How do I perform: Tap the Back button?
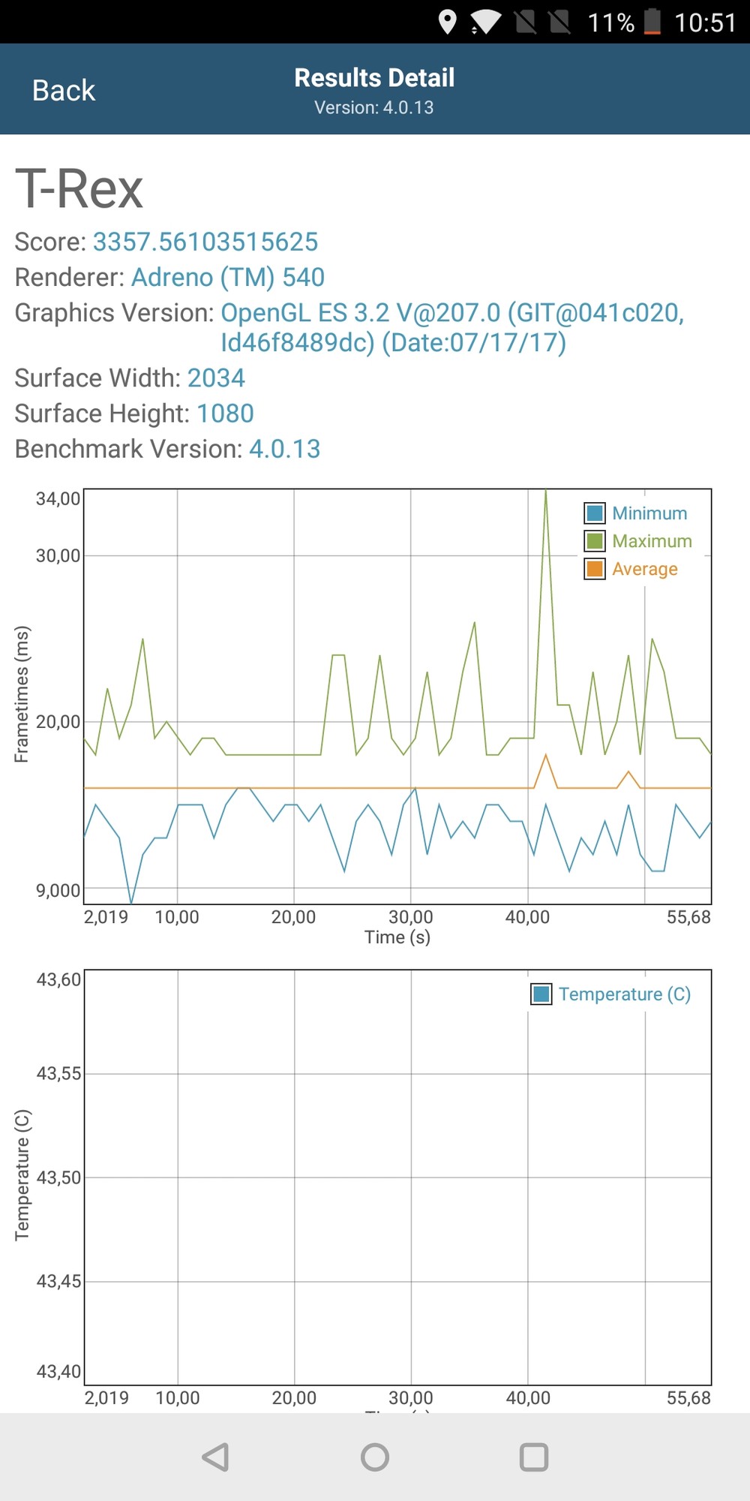(x=64, y=91)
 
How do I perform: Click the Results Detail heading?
(x=374, y=78)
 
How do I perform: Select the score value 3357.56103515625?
(x=205, y=242)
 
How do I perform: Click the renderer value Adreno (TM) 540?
(x=228, y=277)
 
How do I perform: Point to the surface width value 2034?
(x=216, y=378)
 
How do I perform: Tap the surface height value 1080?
(x=225, y=413)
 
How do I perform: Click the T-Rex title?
(x=79, y=188)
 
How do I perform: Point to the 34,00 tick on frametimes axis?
(x=58, y=499)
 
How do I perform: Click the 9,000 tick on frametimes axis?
(x=58, y=891)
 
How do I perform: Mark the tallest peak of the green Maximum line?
(x=545, y=492)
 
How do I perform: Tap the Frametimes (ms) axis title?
(x=22, y=694)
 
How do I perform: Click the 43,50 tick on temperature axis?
(x=58, y=1178)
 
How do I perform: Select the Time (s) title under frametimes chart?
(x=397, y=937)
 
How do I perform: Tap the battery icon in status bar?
(x=652, y=22)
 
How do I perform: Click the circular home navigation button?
(x=375, y=1457)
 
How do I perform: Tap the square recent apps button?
(x=534, y=1457)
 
